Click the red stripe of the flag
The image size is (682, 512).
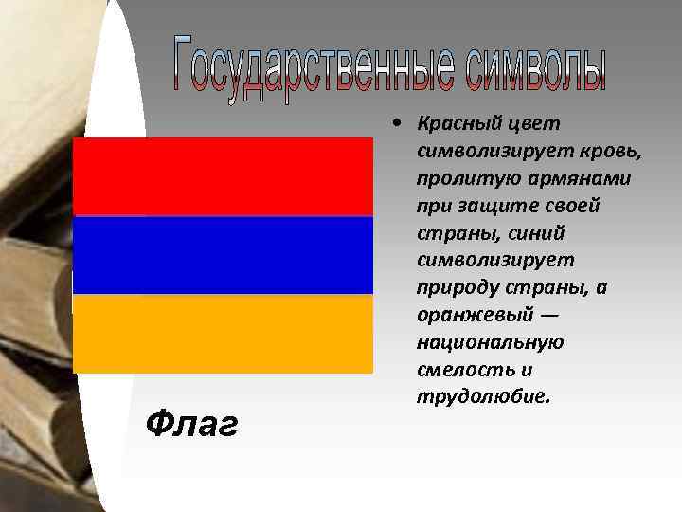(223, 176)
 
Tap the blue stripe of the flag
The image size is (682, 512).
(223, 255)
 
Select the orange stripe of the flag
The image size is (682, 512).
(223, 334)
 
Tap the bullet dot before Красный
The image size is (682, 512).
(403, 124)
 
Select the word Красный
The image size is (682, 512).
(456, 125)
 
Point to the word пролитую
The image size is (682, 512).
(454, 179)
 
